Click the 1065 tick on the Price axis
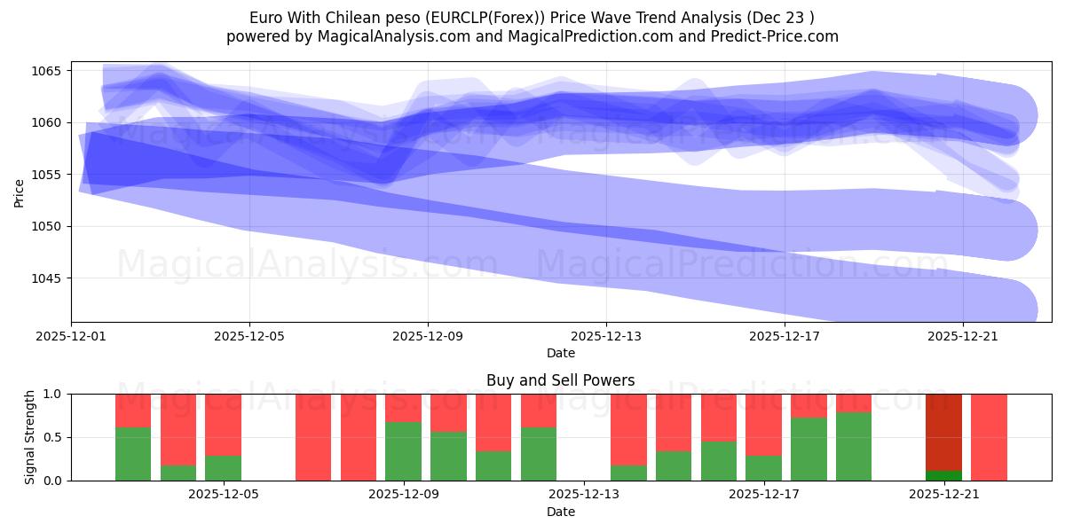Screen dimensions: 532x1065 48,71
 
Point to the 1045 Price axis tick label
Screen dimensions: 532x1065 48,278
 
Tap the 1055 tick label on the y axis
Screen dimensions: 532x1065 48,175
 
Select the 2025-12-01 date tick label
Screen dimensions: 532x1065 71,337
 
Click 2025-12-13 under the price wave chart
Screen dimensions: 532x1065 606,337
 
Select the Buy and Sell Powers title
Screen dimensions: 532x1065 560,380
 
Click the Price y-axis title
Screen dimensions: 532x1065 20,192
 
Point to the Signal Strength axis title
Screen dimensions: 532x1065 30,437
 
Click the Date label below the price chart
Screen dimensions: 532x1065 560,353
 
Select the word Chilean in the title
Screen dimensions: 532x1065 353,17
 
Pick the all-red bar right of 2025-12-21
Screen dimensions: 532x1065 989,437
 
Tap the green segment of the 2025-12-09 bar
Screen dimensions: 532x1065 404,451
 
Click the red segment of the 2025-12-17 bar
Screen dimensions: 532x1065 763,424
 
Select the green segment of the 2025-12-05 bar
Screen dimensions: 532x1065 223,468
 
